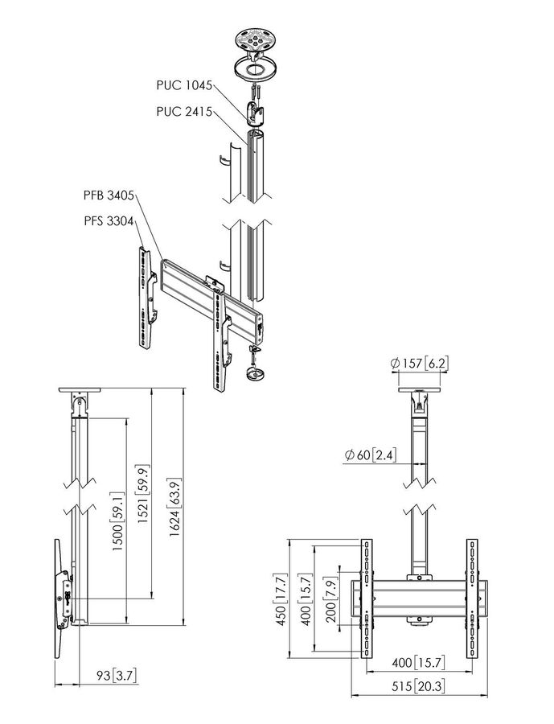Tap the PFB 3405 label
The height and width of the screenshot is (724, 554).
(109, 195)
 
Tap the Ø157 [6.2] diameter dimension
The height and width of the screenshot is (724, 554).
(418, 364)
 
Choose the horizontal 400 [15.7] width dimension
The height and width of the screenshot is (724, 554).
(417, 663)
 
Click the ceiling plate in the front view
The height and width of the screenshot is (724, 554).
(417, 393)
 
